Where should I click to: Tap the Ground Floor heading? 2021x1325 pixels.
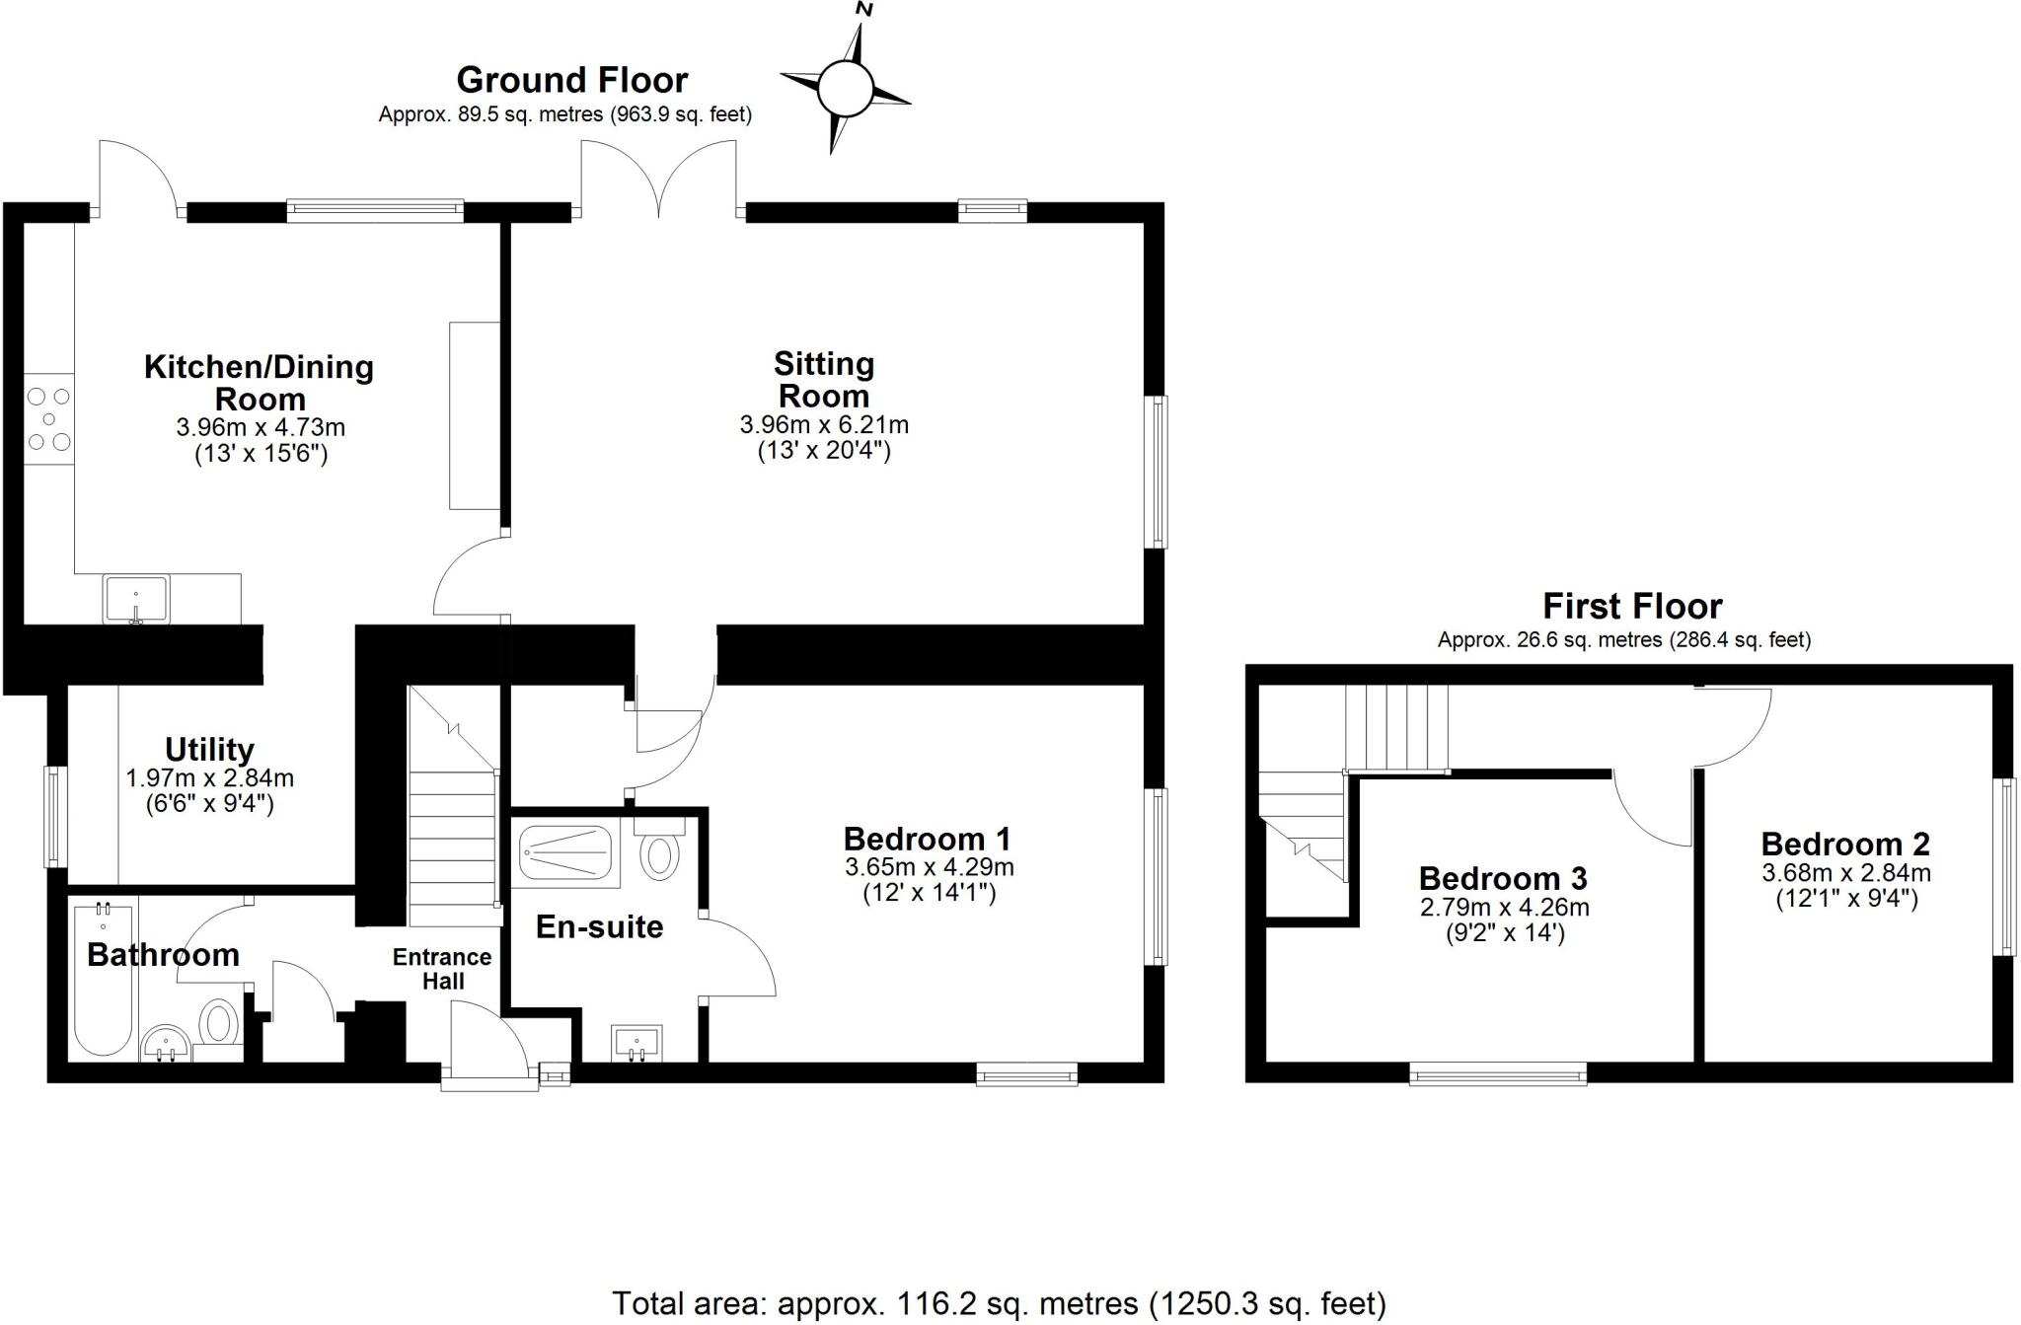coord(571,80)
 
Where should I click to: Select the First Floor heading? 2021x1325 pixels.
coord(1632,606)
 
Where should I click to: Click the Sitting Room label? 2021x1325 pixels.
coord(823,380)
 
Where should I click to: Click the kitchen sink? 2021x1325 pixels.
coord(136,600)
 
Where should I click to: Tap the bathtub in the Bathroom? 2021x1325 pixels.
coord(103,981)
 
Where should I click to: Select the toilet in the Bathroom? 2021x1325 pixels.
coord(219,1022)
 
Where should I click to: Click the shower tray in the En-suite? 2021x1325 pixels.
coord(565,855)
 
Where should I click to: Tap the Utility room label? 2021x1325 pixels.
coord(209,750)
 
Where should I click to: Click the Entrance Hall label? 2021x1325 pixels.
coord(442,969)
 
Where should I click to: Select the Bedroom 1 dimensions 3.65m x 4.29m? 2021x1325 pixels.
coord(929,868)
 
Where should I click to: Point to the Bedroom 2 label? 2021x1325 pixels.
coord(1845,845)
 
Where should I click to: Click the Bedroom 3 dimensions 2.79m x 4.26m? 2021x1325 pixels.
coord(1504,907)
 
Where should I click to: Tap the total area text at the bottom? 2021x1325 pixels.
coord(999,1303)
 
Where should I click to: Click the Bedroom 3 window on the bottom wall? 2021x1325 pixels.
coord(1498,1074)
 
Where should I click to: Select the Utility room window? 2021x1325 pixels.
coord(56,817)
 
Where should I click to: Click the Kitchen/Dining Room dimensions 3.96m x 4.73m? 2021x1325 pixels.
coord(261,428)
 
